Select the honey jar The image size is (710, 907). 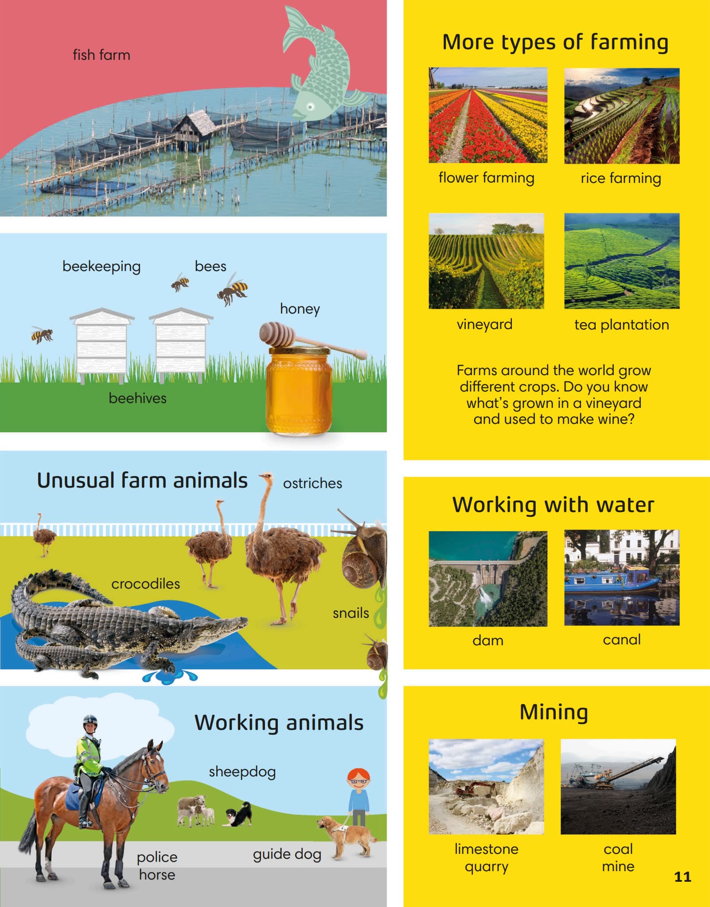[299, 390]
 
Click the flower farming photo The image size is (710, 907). [488, 115]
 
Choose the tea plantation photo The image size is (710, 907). [622, 261]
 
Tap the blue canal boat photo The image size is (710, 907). [622, 578]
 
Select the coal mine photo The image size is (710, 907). [618, 787]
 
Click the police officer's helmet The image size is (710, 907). [90, 720]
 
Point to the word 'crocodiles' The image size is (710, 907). [145, 584]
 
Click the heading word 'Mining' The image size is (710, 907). [554, 713]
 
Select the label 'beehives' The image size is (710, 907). [137, 398]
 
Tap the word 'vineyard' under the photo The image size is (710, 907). [484, 325]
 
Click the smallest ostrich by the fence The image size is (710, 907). [44, 535]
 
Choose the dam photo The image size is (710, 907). [488, 579]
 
